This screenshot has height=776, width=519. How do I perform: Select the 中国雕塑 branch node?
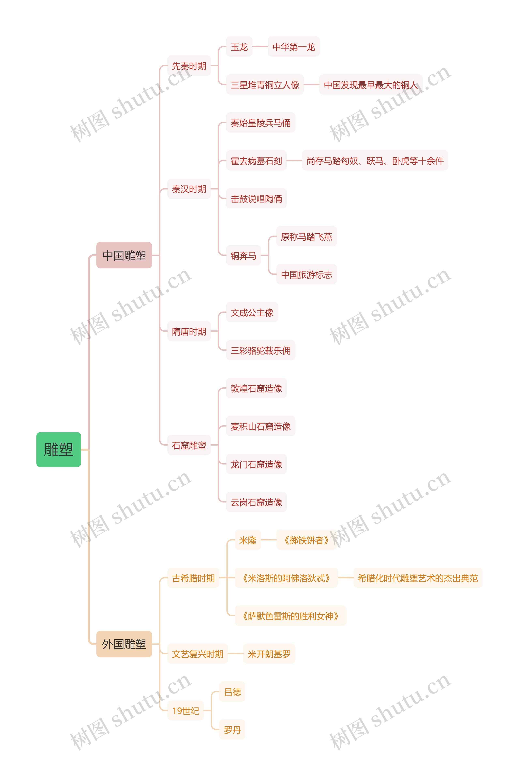click(x=124, y=255)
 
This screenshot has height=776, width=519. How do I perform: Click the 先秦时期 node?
click(x=189, y=66)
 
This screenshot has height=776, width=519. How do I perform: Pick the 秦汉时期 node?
click(x=189, y=189)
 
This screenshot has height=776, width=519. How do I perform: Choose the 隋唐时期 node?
click(x=189, y=331)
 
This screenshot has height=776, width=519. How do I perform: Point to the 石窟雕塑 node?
click(x=189, y=445)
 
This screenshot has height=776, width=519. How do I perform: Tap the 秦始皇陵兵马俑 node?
click(x=261, y=123)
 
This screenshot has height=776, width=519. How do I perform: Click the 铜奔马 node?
click(x=243, y=255)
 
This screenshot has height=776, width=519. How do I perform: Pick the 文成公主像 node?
click(x=252, y=312)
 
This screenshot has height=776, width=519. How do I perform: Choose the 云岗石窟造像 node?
click(x=256, y=502)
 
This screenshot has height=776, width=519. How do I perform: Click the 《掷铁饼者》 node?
click(x=306, y=540)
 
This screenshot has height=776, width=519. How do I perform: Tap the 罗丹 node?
click(x=232, y=730)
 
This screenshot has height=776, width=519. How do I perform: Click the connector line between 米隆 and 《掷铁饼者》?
click(x=268, y=540)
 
